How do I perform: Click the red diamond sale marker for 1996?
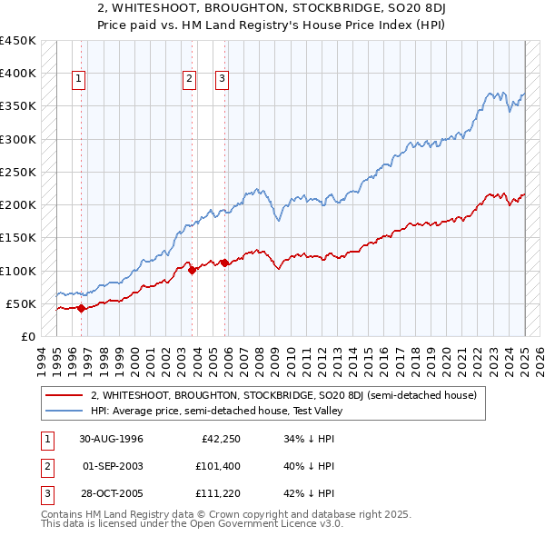pos(82,308)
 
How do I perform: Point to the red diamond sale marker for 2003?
pos(193,269)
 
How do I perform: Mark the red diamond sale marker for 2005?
pos(225,263)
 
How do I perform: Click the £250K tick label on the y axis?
pos(18,172)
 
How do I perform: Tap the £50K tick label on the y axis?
pos(22,303)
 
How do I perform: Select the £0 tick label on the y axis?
pos(27,336)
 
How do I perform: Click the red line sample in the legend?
pos(64,395)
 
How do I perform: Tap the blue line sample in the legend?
pos(64,411)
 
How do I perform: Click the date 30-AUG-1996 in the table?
pos(111,439)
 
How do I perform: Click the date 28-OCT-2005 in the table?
pos(111,495)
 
